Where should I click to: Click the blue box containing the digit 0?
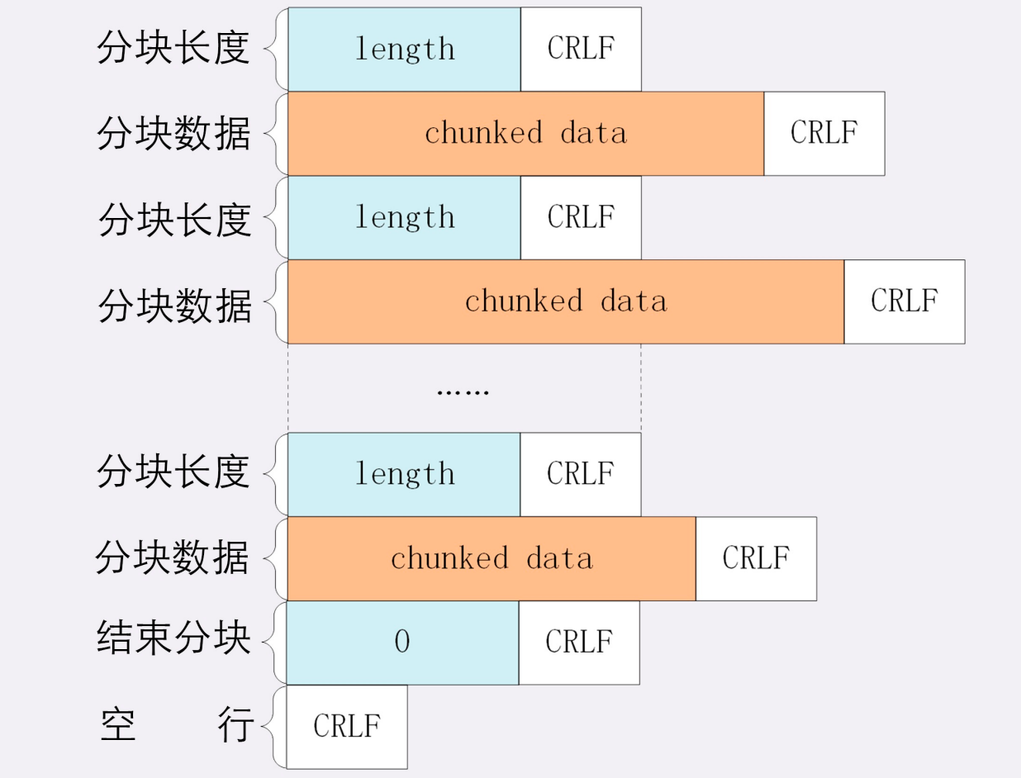403,643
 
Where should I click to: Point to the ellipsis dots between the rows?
463,393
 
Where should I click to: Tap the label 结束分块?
173,638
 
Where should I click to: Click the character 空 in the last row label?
118,724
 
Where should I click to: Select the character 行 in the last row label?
235,724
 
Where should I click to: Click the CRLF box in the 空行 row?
347,727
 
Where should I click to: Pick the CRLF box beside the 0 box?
579,643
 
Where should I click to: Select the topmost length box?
404,49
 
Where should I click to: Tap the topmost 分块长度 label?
173,47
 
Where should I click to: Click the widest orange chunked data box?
566,301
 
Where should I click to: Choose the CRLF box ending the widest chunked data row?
905,301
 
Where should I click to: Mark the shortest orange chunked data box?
492,558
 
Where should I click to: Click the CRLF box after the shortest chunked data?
757,558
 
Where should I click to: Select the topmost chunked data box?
526,134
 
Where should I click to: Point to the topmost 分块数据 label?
173,133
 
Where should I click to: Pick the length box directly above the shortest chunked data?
404,474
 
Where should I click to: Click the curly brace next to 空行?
274,727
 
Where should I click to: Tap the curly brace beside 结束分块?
275,643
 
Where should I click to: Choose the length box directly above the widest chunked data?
404,218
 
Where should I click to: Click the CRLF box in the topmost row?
581,49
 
